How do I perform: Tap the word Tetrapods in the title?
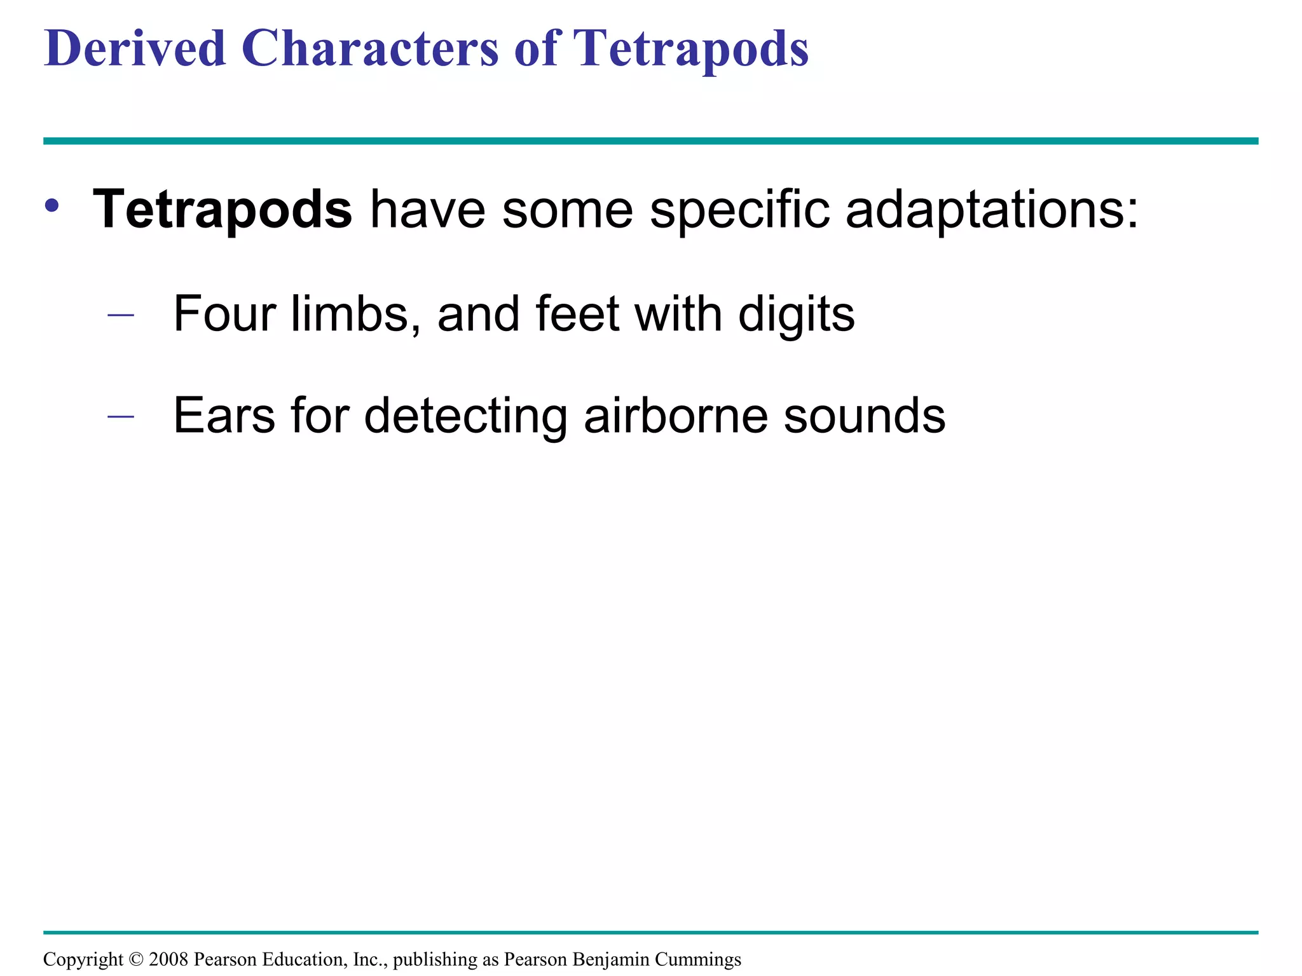(690, 50)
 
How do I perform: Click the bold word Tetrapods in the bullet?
(223, 210)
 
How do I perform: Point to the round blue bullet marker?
(52, 206)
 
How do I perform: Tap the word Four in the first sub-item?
(224, 313)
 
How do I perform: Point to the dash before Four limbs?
(121, 315)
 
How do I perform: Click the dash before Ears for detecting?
(121, 416)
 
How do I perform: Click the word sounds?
(865, 416)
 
